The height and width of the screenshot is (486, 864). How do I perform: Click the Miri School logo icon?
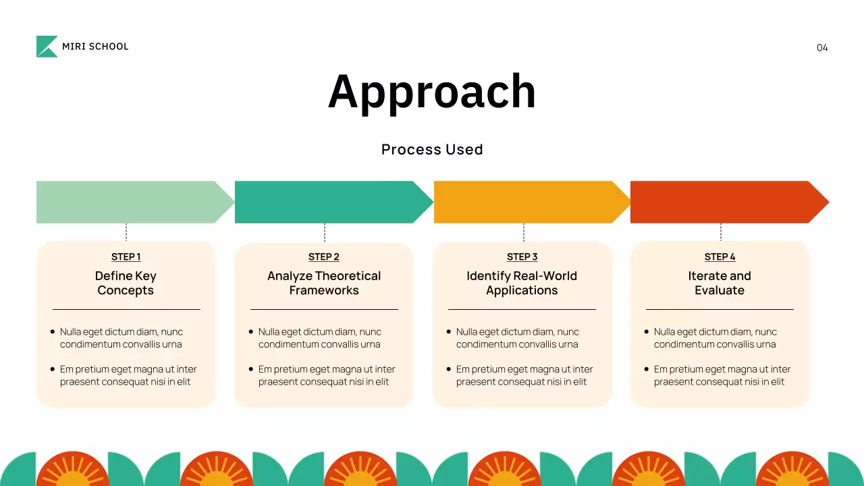47,47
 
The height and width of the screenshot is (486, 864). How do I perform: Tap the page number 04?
822,47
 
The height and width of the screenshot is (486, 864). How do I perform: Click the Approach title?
432,91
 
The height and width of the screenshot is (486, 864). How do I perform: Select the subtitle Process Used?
432,149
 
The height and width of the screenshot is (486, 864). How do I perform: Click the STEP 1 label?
126,257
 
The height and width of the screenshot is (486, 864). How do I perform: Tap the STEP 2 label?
324,257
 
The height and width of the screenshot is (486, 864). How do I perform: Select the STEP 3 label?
522,257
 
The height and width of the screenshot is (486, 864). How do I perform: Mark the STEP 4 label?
720,257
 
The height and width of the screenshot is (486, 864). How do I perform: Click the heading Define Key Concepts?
126,283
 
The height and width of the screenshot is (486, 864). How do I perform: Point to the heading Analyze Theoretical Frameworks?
324,283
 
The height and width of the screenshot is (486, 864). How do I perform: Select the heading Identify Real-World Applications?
522,283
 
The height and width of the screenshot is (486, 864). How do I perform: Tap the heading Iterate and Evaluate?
720,283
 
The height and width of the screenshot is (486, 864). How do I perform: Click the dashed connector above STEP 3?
523,232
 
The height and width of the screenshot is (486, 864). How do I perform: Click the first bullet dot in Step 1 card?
53,331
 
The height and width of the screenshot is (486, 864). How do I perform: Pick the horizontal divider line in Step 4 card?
720,309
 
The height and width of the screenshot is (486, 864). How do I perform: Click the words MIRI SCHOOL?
95,47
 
